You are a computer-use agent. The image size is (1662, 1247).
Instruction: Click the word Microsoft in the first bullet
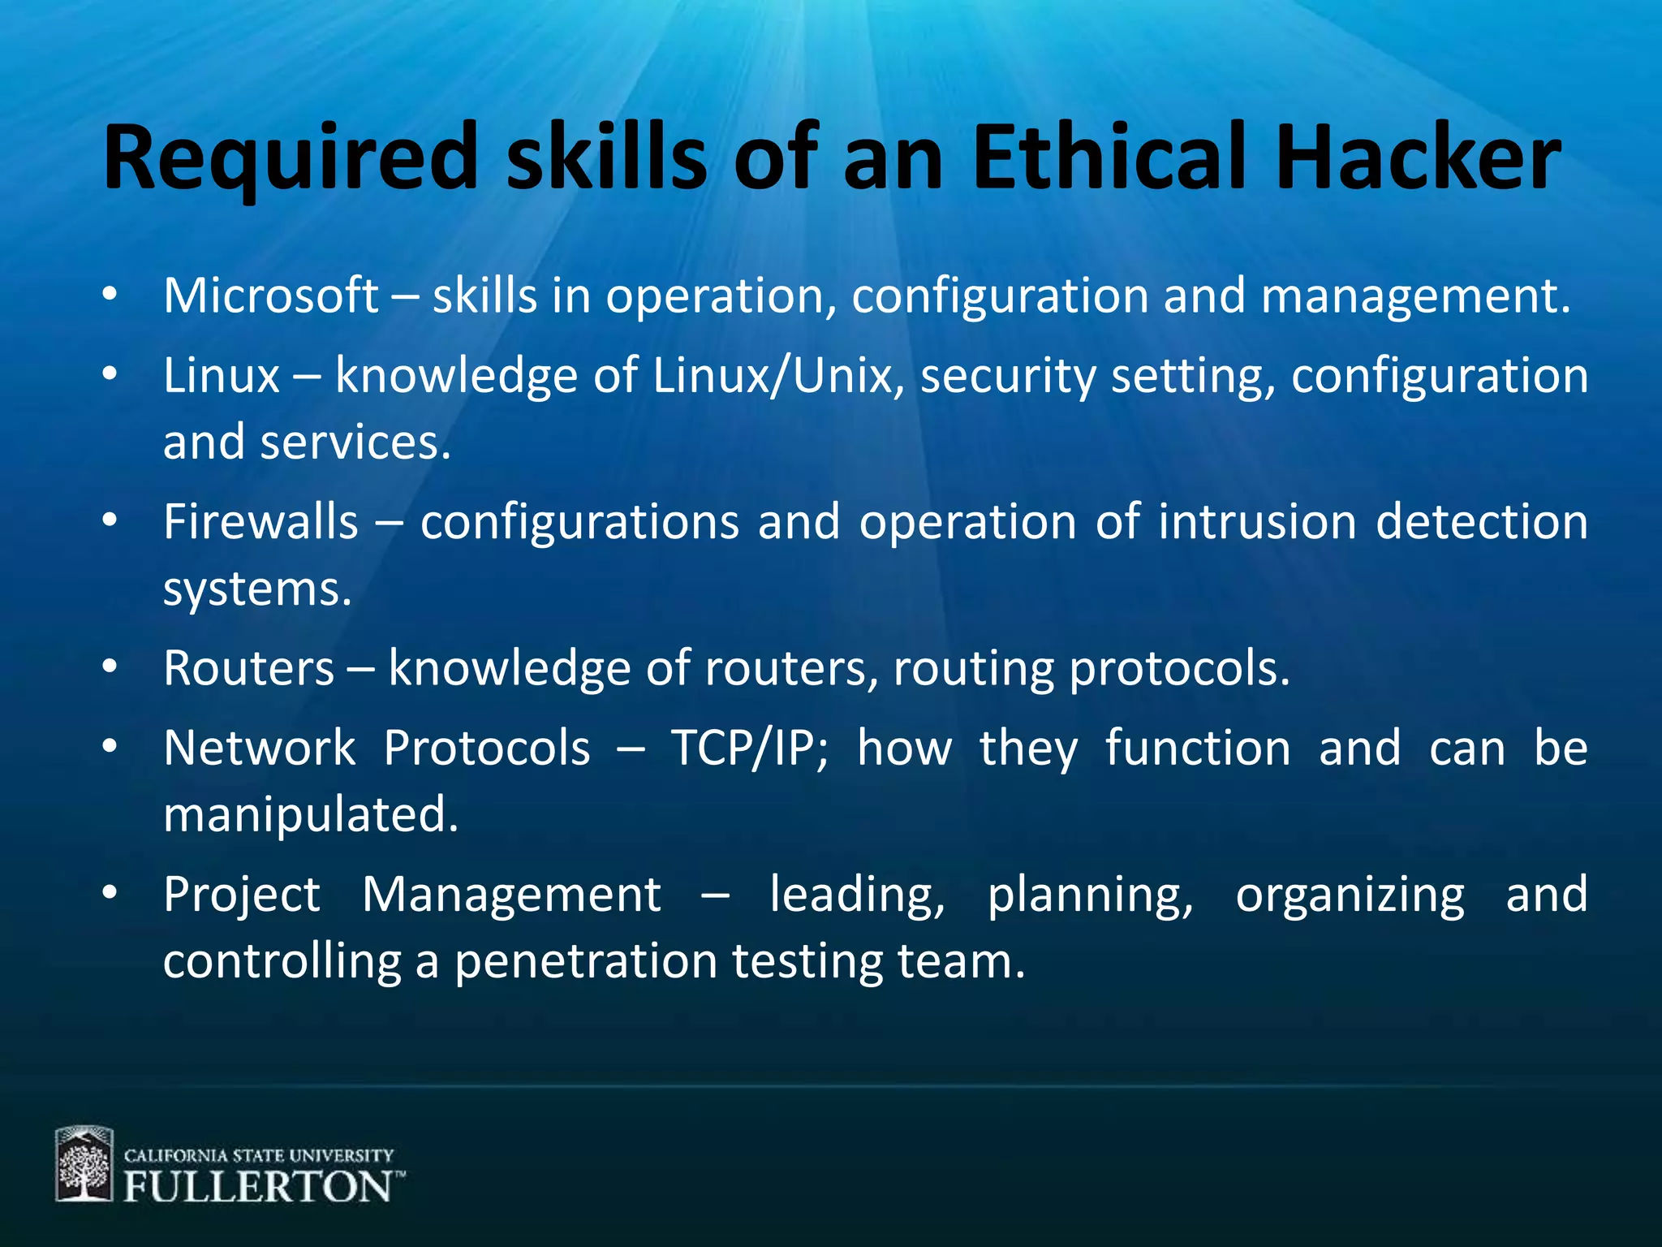coord(270,296)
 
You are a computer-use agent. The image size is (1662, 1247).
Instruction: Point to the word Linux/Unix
coord(773,377)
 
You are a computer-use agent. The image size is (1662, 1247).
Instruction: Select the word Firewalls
coord(260,522)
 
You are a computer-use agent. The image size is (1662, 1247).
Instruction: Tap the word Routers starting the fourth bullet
coord(248,669)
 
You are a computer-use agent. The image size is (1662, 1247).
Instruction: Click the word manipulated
coord(311,815)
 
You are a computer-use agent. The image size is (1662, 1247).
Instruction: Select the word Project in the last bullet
coord(242,895)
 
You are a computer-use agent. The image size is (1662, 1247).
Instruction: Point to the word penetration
coord(585,963)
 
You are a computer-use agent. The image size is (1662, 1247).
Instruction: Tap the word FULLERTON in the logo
coord(258,1187)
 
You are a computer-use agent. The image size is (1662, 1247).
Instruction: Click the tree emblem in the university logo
coord(84,1164)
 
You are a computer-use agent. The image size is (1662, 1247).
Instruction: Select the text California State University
coord(258,1155)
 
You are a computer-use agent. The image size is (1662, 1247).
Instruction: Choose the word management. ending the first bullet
coord(1415,297)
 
